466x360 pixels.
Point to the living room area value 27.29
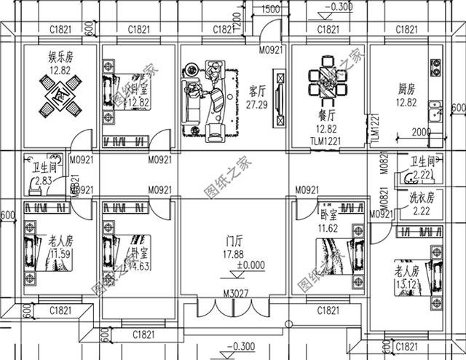tap(257, 105)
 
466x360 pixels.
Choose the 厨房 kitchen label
tap(407, 90)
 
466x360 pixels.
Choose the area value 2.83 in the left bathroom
tap(43, 180)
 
